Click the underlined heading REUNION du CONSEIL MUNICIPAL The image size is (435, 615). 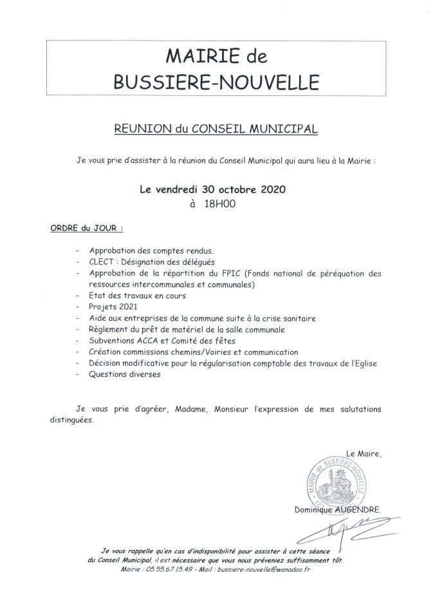[216, 129]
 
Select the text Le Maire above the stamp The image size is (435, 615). [364, 453]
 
